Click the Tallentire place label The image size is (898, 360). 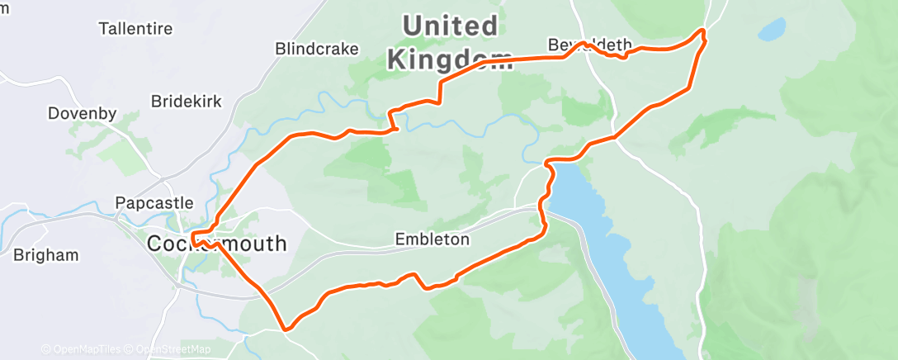135,29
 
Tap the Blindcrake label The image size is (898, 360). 317,49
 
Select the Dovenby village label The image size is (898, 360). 83,113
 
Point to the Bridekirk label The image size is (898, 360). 187,102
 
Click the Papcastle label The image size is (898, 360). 154,202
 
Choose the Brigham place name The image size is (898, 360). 46,255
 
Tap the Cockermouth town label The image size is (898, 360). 217,244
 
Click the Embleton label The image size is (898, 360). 432,239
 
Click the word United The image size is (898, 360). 451,26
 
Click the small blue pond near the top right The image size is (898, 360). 772,30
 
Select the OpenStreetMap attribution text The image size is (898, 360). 173,349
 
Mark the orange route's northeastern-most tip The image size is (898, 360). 703,31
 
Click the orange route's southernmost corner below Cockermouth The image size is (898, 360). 286,329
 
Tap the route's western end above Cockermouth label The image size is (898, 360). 192,238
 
